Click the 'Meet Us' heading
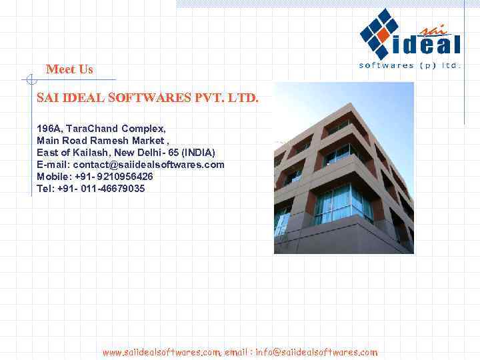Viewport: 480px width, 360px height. tap(69, 69)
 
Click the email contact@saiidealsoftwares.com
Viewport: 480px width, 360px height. tap(149, 165)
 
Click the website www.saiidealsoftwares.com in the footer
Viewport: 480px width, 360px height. tap(161, 351)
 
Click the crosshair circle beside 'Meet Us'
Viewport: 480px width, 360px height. tap(29, 81)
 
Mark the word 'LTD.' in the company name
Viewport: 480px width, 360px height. tap(243, 98)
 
